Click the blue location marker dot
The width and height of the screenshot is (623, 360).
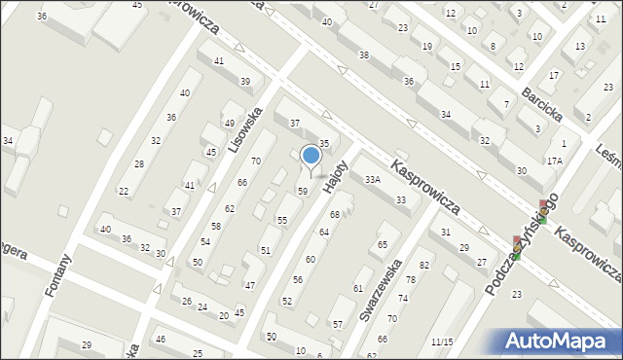tap(311, 155)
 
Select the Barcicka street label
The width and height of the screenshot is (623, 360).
tap(542, 101)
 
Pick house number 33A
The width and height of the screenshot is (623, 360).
tap(373, 180)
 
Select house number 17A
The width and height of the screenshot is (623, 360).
tap(555, 161)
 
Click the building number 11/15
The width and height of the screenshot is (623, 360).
tap(443, 342)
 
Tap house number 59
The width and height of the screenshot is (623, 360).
tap(303, 191)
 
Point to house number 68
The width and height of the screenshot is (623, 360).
tap(335, 214)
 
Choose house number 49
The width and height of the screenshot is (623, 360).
tap(229, 124)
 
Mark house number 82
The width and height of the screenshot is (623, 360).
tap(424, 266)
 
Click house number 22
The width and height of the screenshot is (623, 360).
tap(124, 191)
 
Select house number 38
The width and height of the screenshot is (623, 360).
tap(364, 55)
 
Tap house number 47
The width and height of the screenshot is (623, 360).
tap(250, 285)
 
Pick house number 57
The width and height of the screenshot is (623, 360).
tap(338, 324)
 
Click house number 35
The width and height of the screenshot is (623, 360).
tap(325, 143)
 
